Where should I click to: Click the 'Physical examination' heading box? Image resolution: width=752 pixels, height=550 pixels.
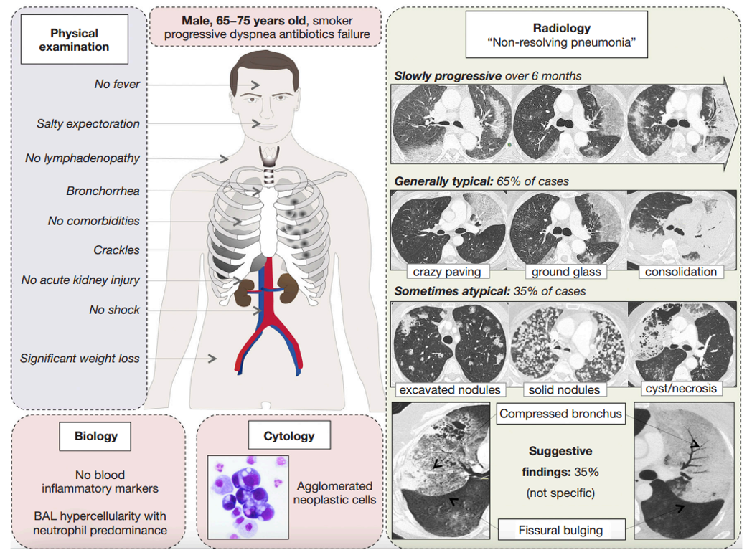point(75,39)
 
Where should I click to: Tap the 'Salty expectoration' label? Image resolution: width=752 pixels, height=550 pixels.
point(88,123)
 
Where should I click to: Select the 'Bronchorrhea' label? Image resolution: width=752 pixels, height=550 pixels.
point(103,191)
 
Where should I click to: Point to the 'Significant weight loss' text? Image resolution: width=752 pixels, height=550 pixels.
point(80,359)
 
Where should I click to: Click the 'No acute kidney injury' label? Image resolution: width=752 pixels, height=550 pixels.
point(80,280)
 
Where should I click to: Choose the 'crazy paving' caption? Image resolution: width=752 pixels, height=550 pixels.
point(447,272)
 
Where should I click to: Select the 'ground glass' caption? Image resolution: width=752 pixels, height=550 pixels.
point(566,272)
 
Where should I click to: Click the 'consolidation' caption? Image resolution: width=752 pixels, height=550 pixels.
point(681,272)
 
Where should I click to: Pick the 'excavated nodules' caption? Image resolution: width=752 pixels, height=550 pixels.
point(450,389)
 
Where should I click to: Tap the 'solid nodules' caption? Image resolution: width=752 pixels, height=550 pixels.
point(564,389)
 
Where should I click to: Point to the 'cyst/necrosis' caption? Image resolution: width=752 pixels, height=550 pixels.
point(681,388)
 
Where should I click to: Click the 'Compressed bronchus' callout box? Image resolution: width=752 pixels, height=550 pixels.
point(560,414)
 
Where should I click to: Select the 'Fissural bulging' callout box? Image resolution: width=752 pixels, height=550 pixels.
point(560,530)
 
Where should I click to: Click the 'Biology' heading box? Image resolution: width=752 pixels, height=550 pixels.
point(95,436)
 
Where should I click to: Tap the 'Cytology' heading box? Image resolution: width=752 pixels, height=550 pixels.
point(289,435)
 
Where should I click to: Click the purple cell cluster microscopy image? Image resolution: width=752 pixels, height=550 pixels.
point(248,497)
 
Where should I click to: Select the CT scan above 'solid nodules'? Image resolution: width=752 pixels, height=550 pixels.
point(568,343)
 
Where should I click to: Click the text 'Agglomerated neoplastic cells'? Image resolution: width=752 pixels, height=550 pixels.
point(335,493)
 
